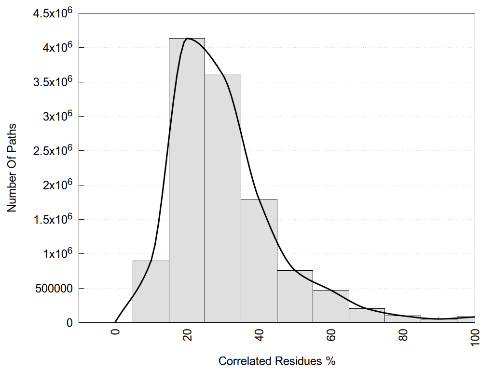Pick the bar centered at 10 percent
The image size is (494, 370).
pyautogui.click(x=151, y=291)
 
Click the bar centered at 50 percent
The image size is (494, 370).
pyautogui.click(x=295, y=297)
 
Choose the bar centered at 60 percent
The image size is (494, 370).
pyautogui.click(x=331, y=306)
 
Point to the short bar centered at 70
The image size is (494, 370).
pyautogui.click(x=367, y=316)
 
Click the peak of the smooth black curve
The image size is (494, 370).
pyautogui.click(x=188, y=39)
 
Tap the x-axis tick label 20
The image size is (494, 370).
pyautogui.click(x=187, y=334)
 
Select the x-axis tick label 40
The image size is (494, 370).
pyautogui.click(x=259, y=334)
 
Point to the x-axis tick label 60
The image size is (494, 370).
pyautogui.click(x=331, y=334)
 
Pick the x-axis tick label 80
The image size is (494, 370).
pyautogui.click(x=403, y=334)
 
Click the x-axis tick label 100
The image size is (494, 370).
pyautogui.click(x=475, y=336)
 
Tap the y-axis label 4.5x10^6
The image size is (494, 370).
pyautogui.click(x=53, y=13)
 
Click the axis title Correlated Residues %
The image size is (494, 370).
pyautogui.click(x=277, y=361)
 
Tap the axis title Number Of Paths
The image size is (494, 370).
pyautogui.click(x=12, y=168)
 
